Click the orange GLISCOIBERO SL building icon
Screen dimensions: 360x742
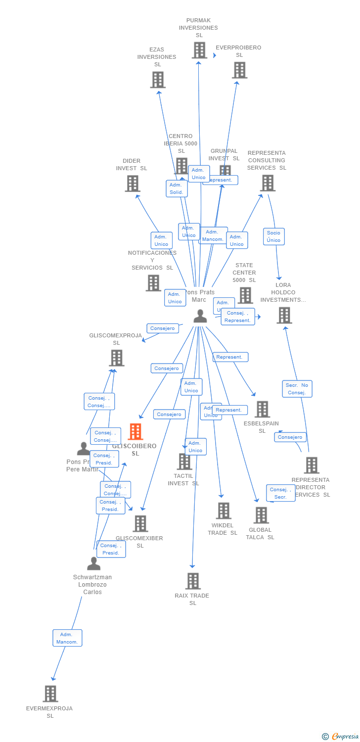[135, 432]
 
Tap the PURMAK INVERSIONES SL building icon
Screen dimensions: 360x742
[199, 50]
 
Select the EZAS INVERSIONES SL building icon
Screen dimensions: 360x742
[158, 80]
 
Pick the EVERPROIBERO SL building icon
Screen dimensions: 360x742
[240, 70]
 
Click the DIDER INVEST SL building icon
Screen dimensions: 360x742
[133, 184]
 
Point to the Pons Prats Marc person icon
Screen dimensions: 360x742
[200, 316]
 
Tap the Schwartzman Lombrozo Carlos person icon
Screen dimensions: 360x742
[93, 563]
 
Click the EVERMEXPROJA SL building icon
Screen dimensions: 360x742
[50, 694]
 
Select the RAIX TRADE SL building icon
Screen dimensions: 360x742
[193, 581]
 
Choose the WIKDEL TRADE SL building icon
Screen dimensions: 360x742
[224, 511]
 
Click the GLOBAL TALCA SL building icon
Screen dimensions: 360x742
[261, 515]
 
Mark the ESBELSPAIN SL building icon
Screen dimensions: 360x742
[262, 409]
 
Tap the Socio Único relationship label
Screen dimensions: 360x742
[273, 236]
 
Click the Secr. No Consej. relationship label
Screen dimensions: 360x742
[297, 389]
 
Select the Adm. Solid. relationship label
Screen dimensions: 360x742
[177, 188]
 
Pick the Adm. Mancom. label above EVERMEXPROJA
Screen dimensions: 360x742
[67, 638]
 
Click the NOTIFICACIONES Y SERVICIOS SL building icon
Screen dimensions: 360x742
[153, 283]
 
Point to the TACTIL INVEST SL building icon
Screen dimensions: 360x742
[184, 462]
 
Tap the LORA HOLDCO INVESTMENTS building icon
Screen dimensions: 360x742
[284, 315]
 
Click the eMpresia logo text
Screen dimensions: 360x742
[345, 737]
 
